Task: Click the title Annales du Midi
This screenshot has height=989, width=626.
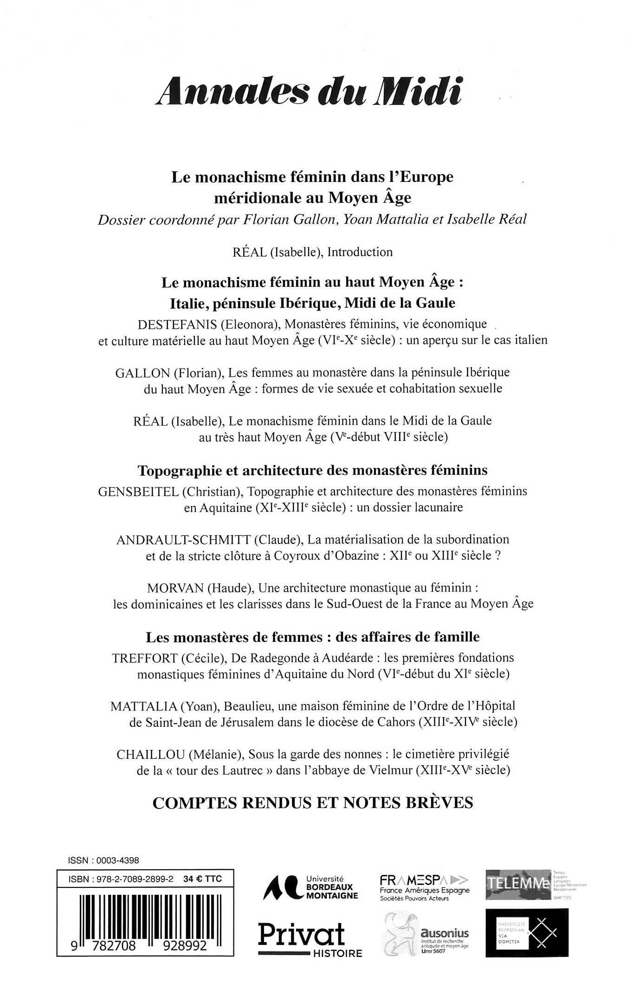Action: (310, 89)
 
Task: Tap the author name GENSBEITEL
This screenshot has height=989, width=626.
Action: (138, 491)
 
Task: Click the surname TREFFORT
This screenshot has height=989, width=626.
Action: (145, 658)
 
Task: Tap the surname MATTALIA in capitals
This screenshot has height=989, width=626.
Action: (143, 706)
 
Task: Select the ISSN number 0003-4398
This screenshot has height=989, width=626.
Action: (117, 860)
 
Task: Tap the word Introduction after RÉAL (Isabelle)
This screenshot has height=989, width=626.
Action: (360, 252)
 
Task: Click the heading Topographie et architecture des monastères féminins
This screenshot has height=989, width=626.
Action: (312, 471)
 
